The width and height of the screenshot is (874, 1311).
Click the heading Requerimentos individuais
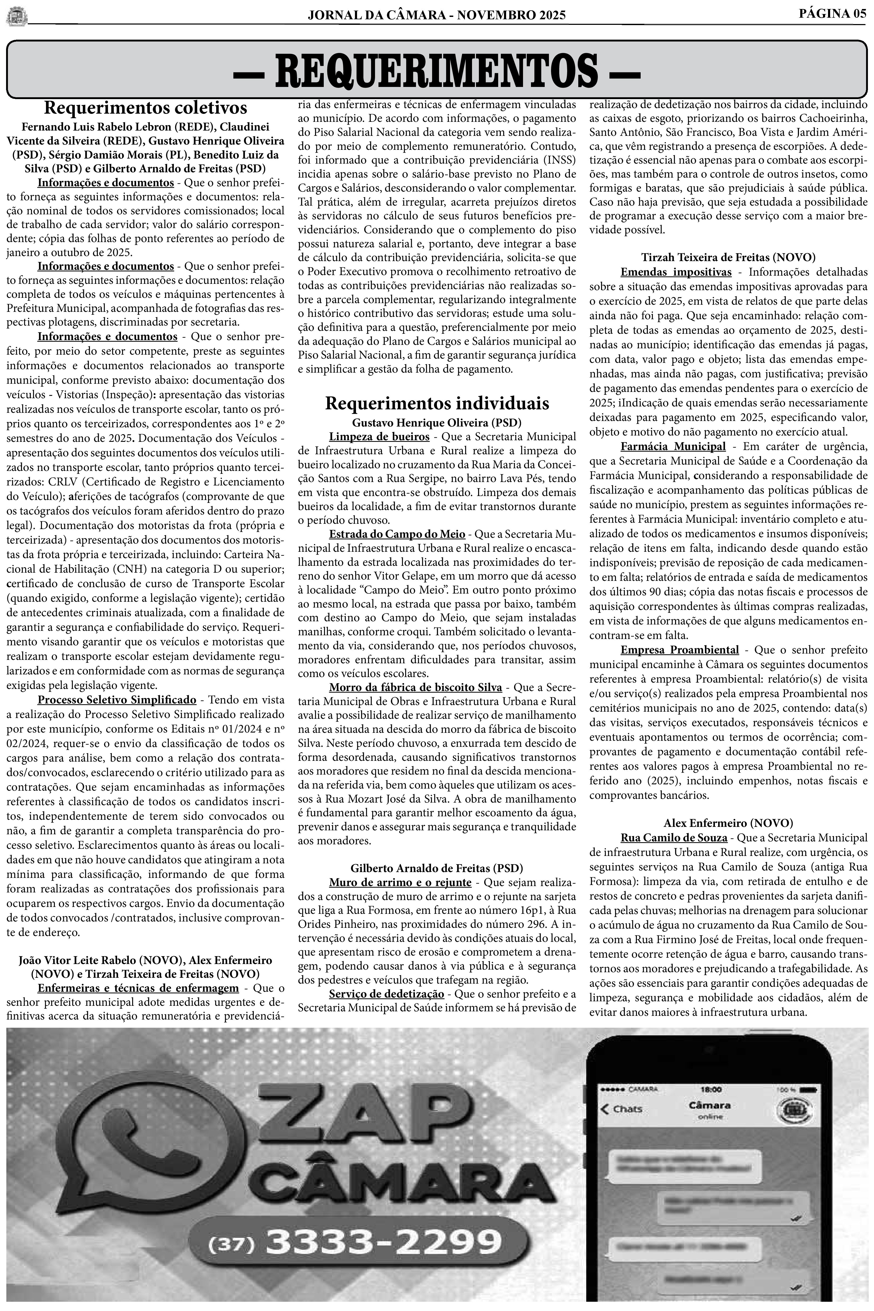tap(437, 403)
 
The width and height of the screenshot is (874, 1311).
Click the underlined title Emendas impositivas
tap(676, 272)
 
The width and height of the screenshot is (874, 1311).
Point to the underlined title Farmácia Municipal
tap(673, 447)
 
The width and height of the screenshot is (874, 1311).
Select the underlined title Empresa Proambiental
tap(679, 650)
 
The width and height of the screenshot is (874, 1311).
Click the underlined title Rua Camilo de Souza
tap(673, 838)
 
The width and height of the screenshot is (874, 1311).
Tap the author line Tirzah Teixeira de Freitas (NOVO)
tap(728, 257)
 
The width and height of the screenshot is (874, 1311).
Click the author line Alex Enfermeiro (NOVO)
tap(728, 823)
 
